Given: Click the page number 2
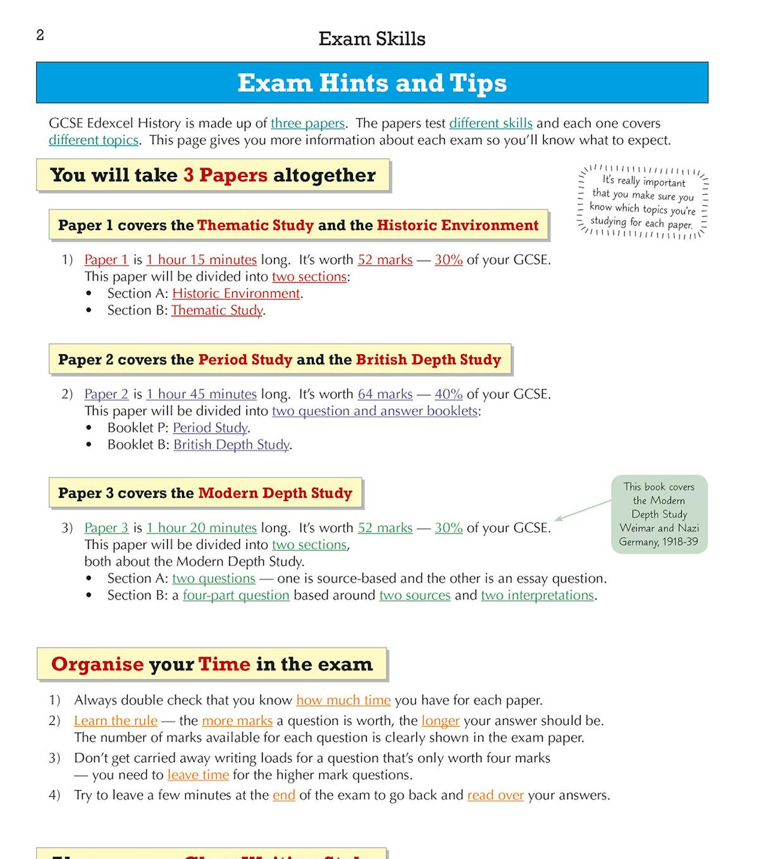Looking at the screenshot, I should tap(40, 35).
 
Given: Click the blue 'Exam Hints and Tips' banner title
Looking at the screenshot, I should tap(372, 83).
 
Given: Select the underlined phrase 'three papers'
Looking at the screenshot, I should tap(307, 123).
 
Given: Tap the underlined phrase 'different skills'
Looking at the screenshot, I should tap(490, 123).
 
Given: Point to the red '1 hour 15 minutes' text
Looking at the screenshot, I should tap(201, 260).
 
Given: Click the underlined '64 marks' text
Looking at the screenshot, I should tap(385, 394).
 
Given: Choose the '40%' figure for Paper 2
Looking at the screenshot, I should tap(448, 394).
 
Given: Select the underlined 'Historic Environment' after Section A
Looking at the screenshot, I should tap(236, 294).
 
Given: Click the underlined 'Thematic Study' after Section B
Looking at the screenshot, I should tap(217, 311).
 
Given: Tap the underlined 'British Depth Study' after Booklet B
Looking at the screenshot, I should tap(231, 445).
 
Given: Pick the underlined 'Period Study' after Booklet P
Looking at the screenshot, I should tap(210, 428).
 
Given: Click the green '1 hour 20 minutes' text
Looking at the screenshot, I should tap(201, 528).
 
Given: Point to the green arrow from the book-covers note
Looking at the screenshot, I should tap(583, 510).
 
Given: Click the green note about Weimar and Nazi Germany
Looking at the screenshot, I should tap(659, 514).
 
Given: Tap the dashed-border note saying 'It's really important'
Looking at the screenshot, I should tap(643, 202).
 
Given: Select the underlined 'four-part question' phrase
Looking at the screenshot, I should tap(236, 595).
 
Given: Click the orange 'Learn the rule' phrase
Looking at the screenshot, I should tap(116, 721).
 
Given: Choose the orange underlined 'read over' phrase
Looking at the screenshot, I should tap(495, 795).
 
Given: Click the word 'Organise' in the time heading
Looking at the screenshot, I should tap(97, 664).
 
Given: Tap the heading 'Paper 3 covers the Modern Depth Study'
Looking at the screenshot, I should tap(205, 493).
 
